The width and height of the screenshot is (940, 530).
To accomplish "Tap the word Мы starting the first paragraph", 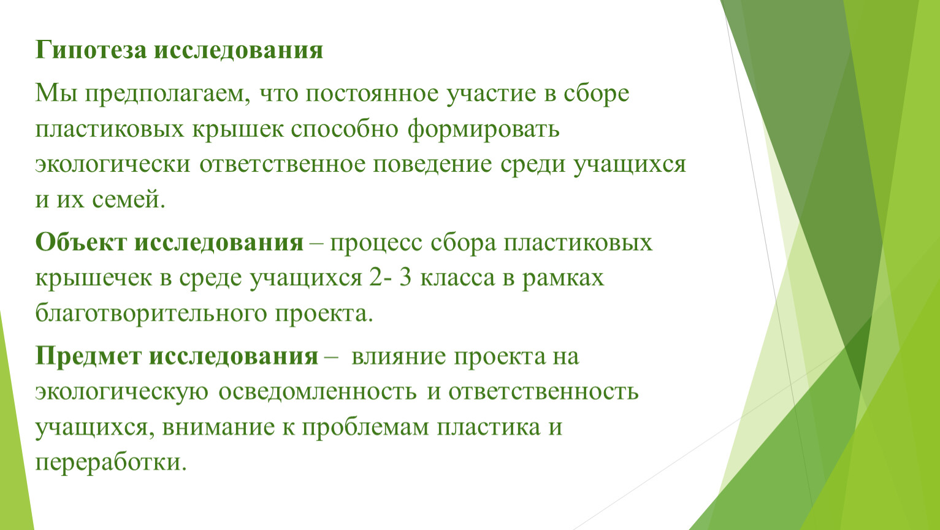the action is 56,93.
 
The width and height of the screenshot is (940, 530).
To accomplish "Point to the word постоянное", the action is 372,93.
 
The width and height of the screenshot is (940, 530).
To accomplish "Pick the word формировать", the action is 483,128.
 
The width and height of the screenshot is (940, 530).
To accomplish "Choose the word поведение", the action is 432,164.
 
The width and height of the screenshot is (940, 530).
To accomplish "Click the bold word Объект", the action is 81,242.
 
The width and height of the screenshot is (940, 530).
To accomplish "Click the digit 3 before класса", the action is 405,278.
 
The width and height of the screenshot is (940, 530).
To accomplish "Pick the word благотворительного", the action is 151,313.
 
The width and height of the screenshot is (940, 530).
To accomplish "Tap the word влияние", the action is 398,356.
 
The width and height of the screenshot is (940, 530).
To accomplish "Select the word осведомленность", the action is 318,391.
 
